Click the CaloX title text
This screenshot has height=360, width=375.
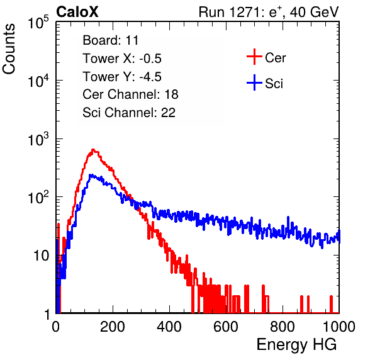(x=77, y=12)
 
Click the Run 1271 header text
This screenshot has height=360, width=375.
(x=232, y=12)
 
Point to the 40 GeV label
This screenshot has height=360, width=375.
(x=315, y=12)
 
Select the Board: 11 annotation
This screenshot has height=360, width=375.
(x=111, y=40)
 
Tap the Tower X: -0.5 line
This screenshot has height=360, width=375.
(x=122, y=59)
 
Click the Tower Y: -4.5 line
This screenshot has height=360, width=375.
(x=122, y=77)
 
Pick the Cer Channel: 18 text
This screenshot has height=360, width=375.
(x=130, y=94)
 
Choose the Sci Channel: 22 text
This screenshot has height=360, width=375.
(x=129, y=113)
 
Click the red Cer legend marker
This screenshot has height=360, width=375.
(x=254, y=57)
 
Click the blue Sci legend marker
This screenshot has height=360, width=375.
(x=254, y=82)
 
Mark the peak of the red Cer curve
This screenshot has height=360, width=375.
(x=93, y=150)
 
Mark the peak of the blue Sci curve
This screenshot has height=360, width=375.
(x=91, y=175)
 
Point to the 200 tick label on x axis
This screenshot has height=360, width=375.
(x=113, y=327)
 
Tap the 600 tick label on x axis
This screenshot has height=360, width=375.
(x=226, y=327)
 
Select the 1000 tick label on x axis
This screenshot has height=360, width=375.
(x=339, y=327)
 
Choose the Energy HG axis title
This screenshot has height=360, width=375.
(x=296, y=345)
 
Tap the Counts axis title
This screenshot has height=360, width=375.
(x=9, y=48)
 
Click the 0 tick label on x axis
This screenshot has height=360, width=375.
(x=56, y=327)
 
